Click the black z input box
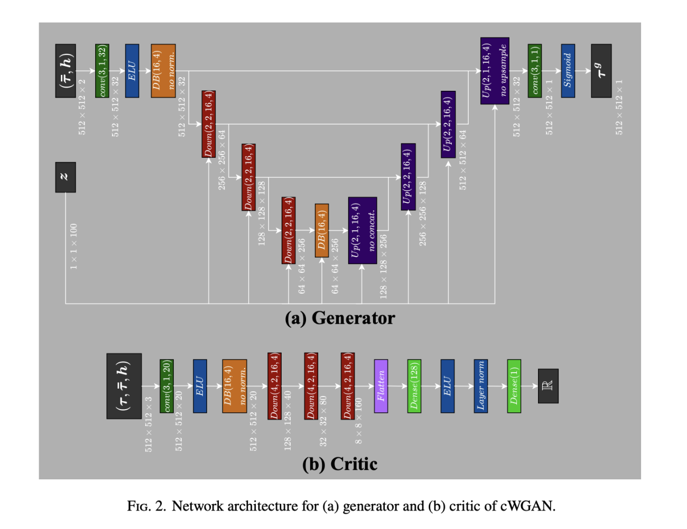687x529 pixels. (66, 177)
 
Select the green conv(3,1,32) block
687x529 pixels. (102, 71)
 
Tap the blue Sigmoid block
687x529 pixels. (568, 71)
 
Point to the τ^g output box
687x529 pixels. (601, 71)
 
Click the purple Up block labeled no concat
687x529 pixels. (363, 230)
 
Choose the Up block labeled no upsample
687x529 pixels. (495, 71)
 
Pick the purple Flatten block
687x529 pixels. (381, 386)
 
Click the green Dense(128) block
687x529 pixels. (414, 386)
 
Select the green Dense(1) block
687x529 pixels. (514, 386)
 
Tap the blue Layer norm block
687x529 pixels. (480, 386)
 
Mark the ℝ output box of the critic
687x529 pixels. (548, 386)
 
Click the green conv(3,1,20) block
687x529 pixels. (166, 386)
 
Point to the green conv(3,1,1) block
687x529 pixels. (534, 71)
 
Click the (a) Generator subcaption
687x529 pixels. (340, 318)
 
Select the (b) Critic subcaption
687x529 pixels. (340, 464)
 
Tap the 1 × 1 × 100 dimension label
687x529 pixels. (73, 247)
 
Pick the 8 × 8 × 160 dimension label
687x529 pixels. (359, 421)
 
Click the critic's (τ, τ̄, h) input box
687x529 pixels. (124, 386)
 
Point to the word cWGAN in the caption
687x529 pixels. (527, 506)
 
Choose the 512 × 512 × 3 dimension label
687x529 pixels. (148, 424)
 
